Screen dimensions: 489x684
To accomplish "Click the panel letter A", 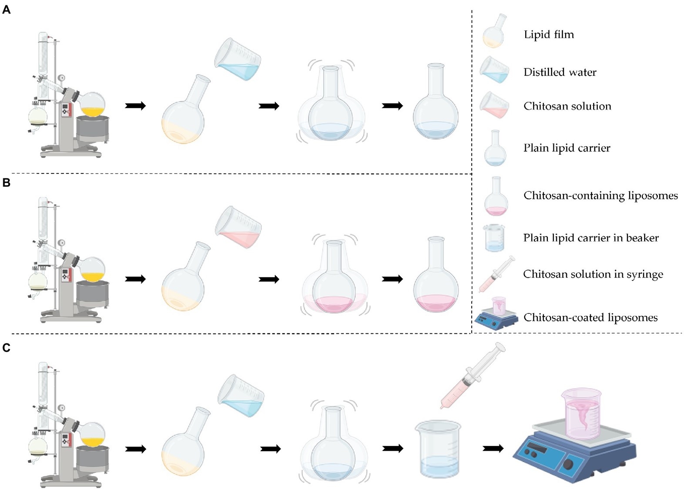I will [x=6, y=10].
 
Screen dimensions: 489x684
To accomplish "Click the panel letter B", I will [x=6, y=183].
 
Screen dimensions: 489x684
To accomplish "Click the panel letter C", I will [x=6, y=348].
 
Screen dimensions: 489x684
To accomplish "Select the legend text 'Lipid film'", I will [x=548, y=34].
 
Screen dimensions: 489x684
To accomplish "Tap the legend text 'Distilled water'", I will [x=560, y=72].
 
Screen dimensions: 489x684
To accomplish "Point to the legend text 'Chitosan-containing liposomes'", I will [x=600, y=196].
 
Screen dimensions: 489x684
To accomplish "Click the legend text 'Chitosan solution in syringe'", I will [x=593, y=274].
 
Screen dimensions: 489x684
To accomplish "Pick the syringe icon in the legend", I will [x=496, y=274].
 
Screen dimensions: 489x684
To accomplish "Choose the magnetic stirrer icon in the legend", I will [x=496, y=315].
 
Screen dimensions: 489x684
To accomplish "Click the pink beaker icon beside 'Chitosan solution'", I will [x=495, y=105].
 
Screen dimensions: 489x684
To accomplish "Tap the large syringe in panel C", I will [x=472, y=376].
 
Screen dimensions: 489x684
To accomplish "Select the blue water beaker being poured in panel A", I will [x=238, y=60].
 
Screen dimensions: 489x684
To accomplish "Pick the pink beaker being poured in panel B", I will [x=238, y=227].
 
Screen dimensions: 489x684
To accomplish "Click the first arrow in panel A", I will [x=135, y=106].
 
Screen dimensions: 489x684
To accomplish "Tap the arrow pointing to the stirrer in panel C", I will [x=493, y=448].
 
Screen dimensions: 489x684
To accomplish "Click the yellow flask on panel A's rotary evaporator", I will [x=93, y=106].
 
